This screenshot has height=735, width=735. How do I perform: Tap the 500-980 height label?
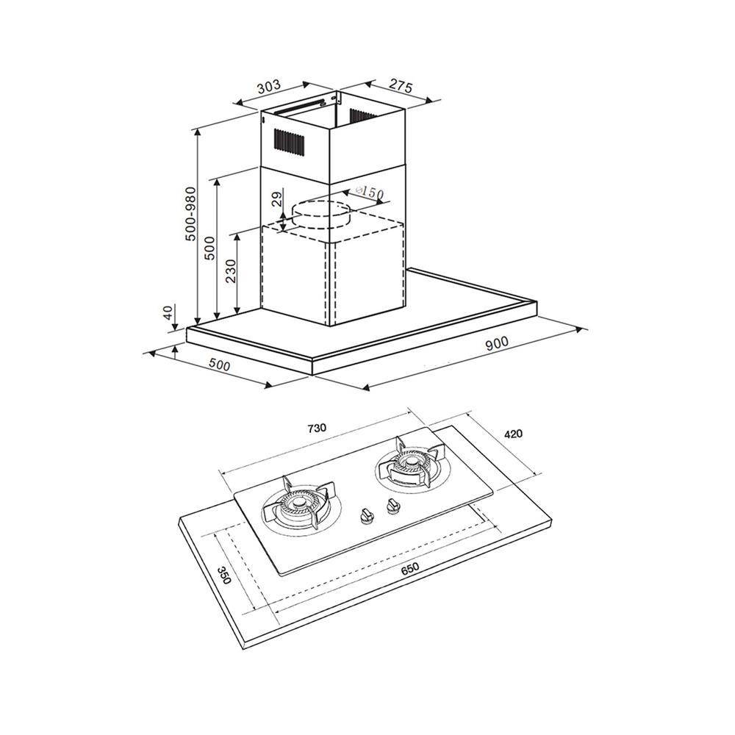pyautogui.click(x=190, y=214)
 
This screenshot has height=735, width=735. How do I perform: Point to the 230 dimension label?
pyautogui.click(x=231, y=271)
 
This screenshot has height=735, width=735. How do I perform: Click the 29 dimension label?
pyautogui.click(x=277, y=199)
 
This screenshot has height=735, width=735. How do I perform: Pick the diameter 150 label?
pyautogui.click(x=370, y=192)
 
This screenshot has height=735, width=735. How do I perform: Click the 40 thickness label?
pyautogui.click(x=169, y=312)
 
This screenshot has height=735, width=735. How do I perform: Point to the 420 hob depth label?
pyautogui.click(x=513, y=434)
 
